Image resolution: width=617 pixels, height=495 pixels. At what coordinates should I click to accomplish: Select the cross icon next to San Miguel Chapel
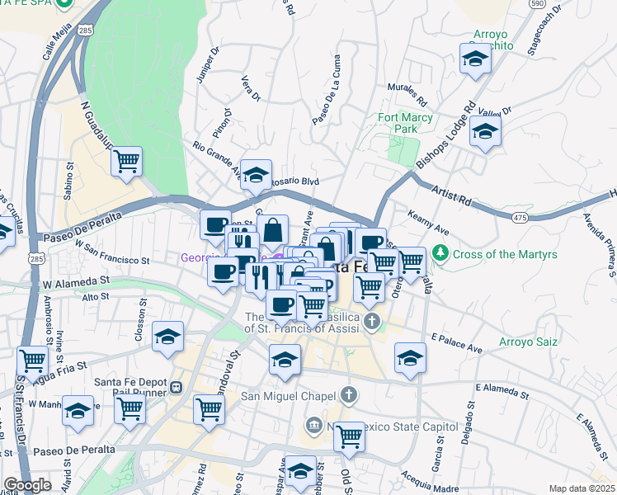click(x=349, y=394)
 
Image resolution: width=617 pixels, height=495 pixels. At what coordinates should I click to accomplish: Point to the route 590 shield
click(x=537, y=4)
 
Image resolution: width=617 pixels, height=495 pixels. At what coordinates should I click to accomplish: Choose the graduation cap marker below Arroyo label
click(x=474, y=59)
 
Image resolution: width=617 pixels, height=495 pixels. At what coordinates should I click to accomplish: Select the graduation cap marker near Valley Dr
click(x=485, y=131)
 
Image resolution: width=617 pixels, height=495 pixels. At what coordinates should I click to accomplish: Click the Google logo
click(x=27, y=485)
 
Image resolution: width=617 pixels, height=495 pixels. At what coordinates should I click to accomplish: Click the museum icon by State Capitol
click(x=314, y=426)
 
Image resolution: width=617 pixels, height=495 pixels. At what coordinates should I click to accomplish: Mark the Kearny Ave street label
click(x=428, y=220)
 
